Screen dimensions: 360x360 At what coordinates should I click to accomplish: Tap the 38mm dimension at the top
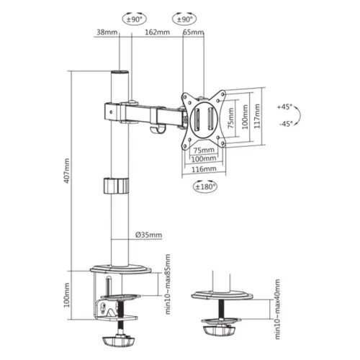(106, 32)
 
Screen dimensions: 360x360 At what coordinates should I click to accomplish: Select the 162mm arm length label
(156, 32)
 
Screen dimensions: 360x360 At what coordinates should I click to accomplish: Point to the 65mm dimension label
(194, 32)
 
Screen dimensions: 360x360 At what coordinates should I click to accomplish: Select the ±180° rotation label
(204, 186)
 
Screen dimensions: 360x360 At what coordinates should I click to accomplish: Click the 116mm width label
(204, 168)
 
